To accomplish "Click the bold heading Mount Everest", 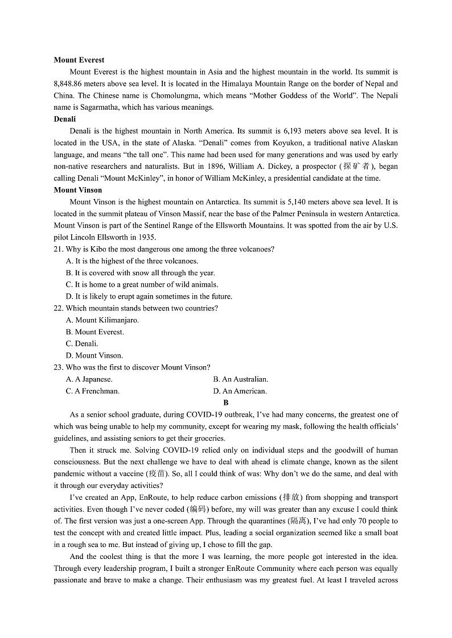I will (79, 60).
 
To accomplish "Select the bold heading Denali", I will (64, 119).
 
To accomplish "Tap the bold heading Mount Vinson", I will (78, 190).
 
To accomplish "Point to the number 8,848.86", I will (71, 84).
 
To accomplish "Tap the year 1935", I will (146, 237).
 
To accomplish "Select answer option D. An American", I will (240, 391).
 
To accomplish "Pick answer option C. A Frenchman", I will (93, 391).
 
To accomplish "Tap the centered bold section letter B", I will (226, 403).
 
